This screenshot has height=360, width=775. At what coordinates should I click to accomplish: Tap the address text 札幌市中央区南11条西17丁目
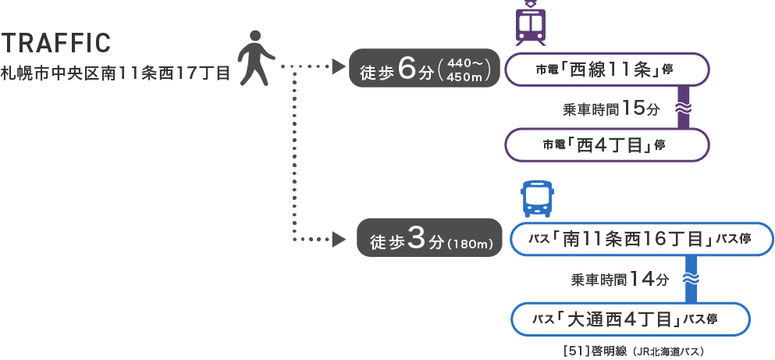(116, 75)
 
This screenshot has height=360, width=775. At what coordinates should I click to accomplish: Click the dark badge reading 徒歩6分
(425, 69)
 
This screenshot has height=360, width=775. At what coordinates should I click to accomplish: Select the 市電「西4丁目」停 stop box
(607, 144)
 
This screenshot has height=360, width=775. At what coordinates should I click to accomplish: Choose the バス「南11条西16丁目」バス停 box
(642, 240)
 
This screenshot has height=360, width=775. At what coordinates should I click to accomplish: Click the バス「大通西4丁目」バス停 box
(630, 319)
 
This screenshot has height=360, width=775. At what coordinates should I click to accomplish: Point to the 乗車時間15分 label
(611, 109)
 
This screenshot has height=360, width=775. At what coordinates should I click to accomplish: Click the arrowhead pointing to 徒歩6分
(339, 67)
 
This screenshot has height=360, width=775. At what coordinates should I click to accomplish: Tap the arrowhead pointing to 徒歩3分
(339, 239)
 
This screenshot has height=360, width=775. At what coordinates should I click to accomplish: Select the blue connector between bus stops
(690, 280)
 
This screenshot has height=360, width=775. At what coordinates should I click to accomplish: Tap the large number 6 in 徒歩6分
(406, 69)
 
